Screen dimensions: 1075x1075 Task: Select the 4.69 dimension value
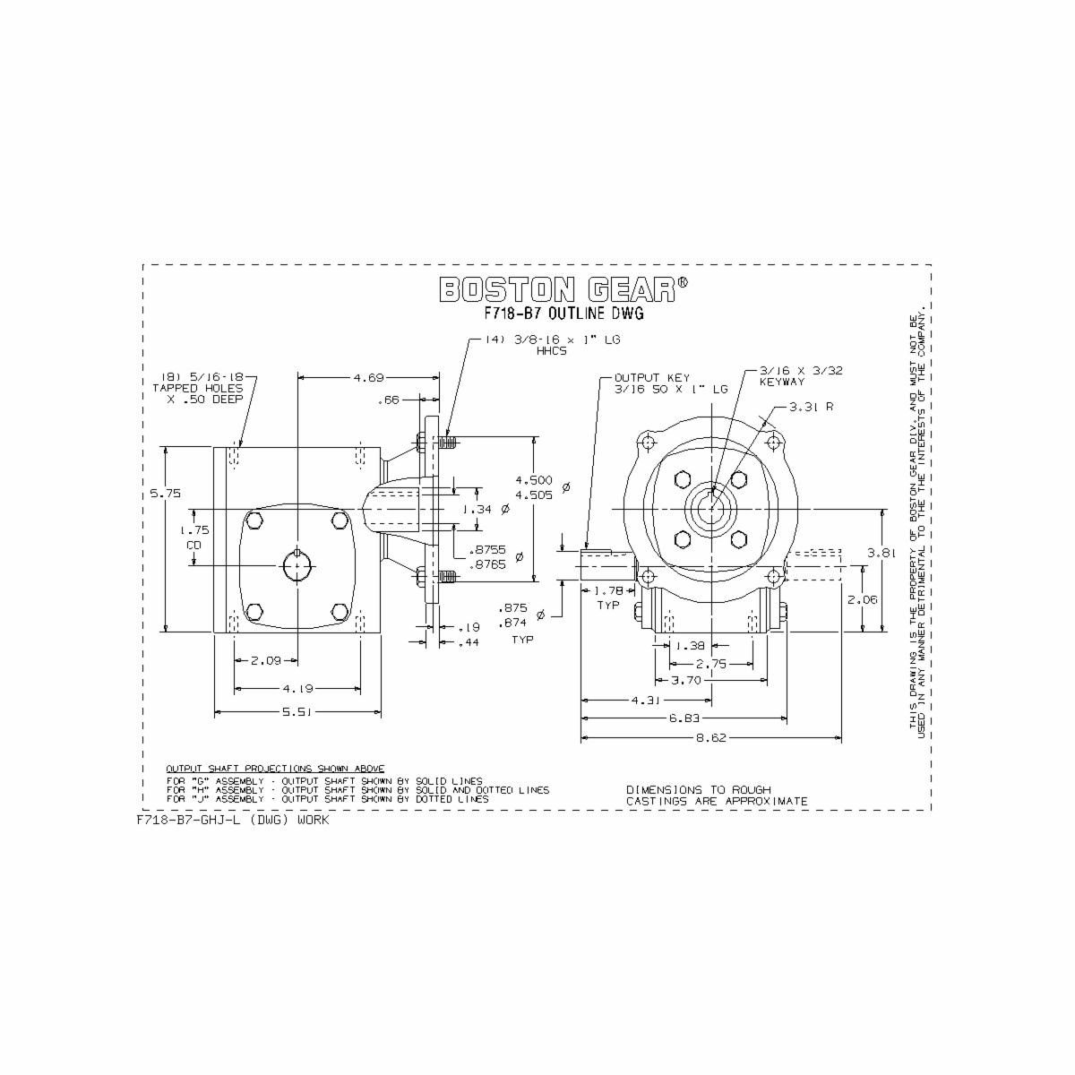pyautogui.click(x=368, y=377)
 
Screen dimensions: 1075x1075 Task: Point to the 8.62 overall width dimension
pyautogui.click(x=711, y=738)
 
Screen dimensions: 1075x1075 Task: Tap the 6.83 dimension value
pyautogui.click(x=684, y=718)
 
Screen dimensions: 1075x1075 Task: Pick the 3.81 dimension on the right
pyautogui.click(x=882, y=553)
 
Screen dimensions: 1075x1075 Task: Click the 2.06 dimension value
pyautogui.click(x=862, y=599)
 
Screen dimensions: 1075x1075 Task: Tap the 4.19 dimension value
pyautogui.click(x=297, y=688)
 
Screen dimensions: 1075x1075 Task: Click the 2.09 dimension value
pyautogui.click(x=266, y=660)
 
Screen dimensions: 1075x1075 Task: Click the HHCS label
pyautogui.click(x=552, y=351)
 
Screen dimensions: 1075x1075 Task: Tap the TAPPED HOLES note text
pyautogui.click(x=197, y=388)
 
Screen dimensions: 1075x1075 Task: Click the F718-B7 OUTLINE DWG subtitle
pyautogui.click(x=563, y=314)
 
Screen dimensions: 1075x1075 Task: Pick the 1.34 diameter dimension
pyautogui.click(x=477, y=509)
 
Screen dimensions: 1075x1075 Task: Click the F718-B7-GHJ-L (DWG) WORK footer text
pyautogui.click(x=233, y=820)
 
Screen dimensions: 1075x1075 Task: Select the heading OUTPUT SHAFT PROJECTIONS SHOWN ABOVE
pyautogui.click(x=275, y=769)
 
